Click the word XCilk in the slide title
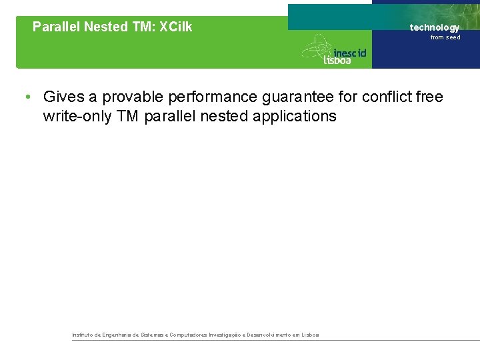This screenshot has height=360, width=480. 175,27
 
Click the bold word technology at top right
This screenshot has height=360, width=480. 434,27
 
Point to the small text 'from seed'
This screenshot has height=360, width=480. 445,37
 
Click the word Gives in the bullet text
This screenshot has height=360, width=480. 61,97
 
